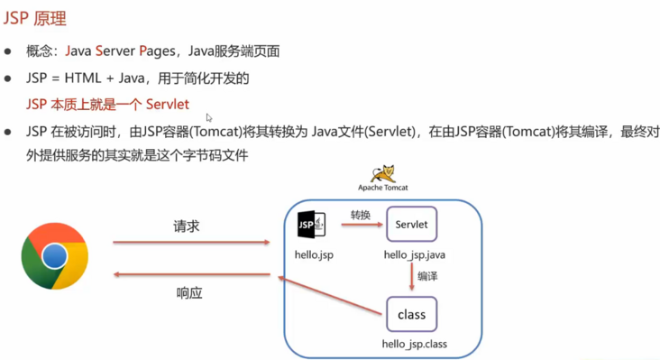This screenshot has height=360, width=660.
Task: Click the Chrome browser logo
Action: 54,255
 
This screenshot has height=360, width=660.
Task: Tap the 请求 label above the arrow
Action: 186,226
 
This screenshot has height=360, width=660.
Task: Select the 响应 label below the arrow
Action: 188,292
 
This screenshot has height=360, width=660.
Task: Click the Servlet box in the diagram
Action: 411,225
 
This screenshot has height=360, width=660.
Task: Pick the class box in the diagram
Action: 411,316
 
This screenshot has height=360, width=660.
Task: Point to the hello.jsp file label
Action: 314,254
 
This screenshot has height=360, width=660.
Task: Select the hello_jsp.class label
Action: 414,345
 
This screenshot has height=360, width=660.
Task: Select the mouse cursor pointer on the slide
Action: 209,117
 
